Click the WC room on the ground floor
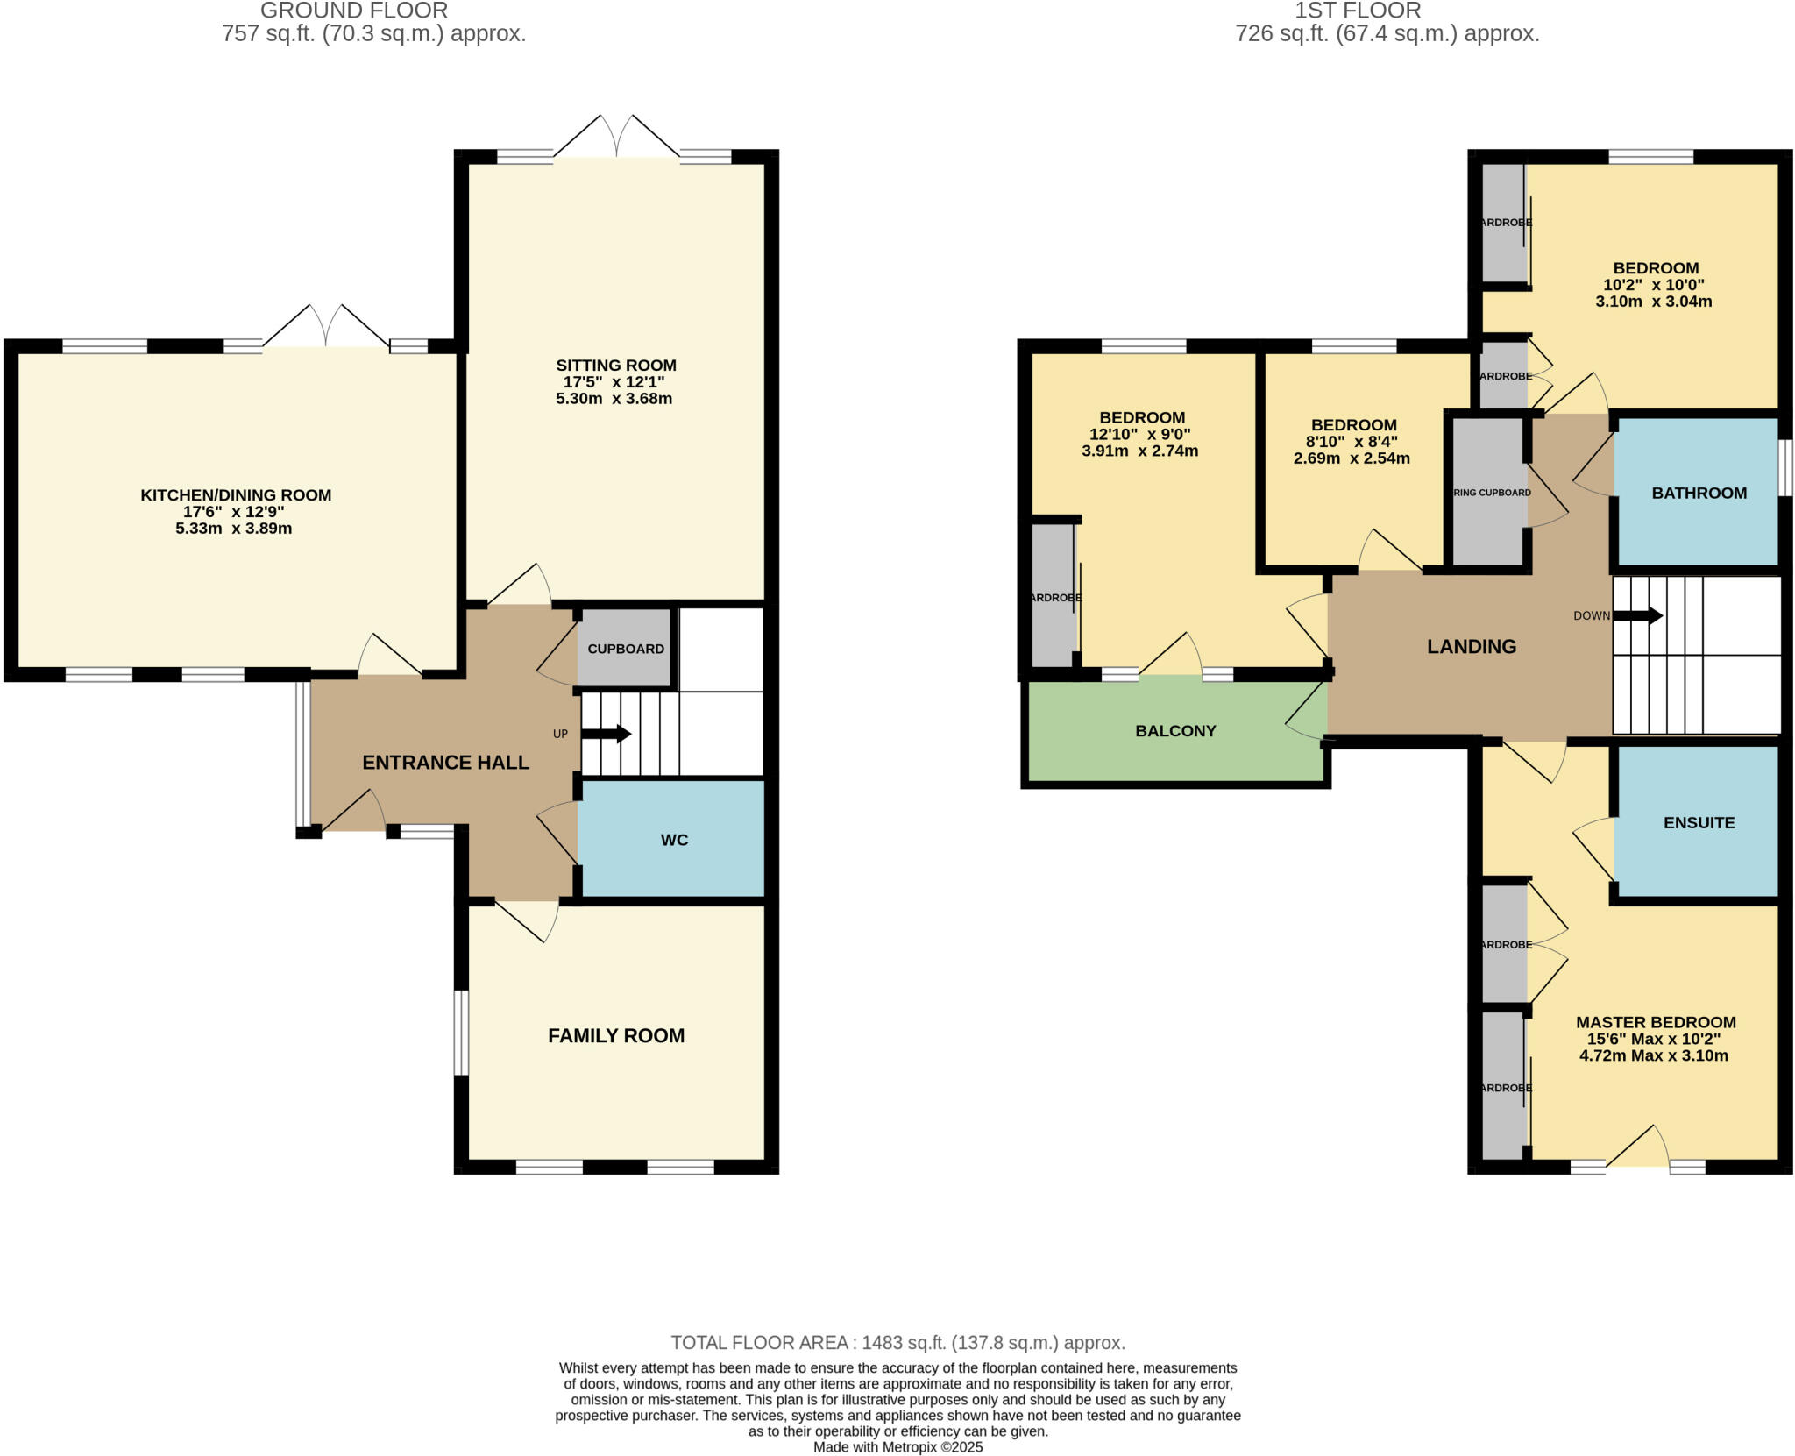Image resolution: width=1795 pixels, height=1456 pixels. (x=673, y=840)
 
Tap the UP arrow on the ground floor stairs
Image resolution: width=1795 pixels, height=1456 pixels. (x=607, y=734)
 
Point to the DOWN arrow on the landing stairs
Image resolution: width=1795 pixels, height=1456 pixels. (x=1637, y=615)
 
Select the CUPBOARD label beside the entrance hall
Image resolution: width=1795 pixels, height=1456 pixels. (x=625, y=649)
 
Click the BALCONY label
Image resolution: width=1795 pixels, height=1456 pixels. (x=1175, y=731)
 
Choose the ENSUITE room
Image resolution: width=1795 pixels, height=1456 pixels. (x=1699, y=822)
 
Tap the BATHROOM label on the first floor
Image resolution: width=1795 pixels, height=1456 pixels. (x=1699, y=493)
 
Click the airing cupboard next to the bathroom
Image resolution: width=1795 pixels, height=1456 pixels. (x=1491, y=493)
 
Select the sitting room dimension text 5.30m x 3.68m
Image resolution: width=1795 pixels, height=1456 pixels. (x=614, y=399)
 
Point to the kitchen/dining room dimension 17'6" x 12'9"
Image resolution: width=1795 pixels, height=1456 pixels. (x=234, y=512)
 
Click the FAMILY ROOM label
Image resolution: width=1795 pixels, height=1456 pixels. (x=616, y=1035)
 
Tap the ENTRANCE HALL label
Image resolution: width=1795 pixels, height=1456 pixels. (x=445, y=763)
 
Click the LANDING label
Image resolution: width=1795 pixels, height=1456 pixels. (x=1471, y=647)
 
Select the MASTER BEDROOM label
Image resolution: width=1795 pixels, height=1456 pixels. (x=1655, y=1022)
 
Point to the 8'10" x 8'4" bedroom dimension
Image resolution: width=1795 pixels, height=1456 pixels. (x=1352, y=442)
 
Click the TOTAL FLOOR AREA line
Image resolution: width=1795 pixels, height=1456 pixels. (x=897, y=1342)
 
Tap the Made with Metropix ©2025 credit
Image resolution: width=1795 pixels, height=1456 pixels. (x=897, y=1447)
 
